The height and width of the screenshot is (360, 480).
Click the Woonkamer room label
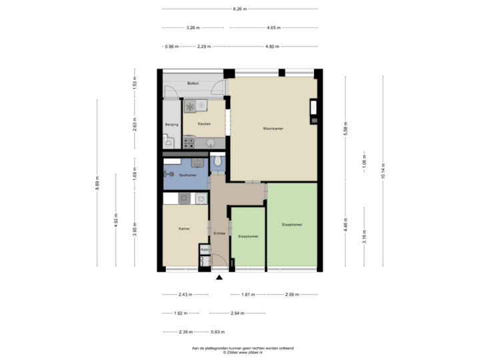pyautogui.click(x=273, y=127)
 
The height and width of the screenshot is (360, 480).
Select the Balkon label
pyautogui.click(x=193, y=83)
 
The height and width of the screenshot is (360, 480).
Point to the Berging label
pyautogui.click(x=171, y=124)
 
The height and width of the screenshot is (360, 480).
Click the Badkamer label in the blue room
pyautogui.click(x=188, y=175)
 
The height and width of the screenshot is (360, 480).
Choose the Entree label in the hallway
pyautogui.click(x=219, y=233)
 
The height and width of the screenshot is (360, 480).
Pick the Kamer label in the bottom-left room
pyautogui.click(x=185, y=229)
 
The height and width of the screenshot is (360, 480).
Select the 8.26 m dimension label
pyautogui.click(x=239, y=9)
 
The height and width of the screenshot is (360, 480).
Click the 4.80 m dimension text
pyautogui.click(x=272, y=47)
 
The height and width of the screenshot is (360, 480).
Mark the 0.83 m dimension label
pyautogui.click(x=218, y=332)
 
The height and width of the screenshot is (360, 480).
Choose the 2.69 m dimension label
pyautogui.click(x=292, y=295)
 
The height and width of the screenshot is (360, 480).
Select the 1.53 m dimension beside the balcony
pyautogui.click(x=135, y=85)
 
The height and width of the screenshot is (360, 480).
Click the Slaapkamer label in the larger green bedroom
pyautogui.click(x=292, y=225)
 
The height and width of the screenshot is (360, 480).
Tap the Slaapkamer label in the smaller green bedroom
pyautogui.click(x=248, y=236)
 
